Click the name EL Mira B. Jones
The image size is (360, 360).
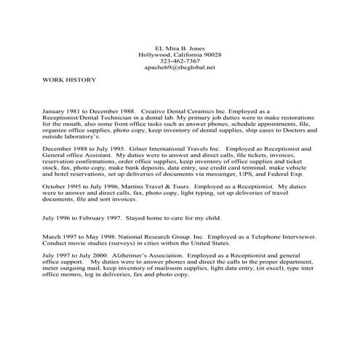click(179, 47)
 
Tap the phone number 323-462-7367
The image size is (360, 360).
click(179, 61)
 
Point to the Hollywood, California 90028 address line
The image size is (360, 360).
click(179, 55)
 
